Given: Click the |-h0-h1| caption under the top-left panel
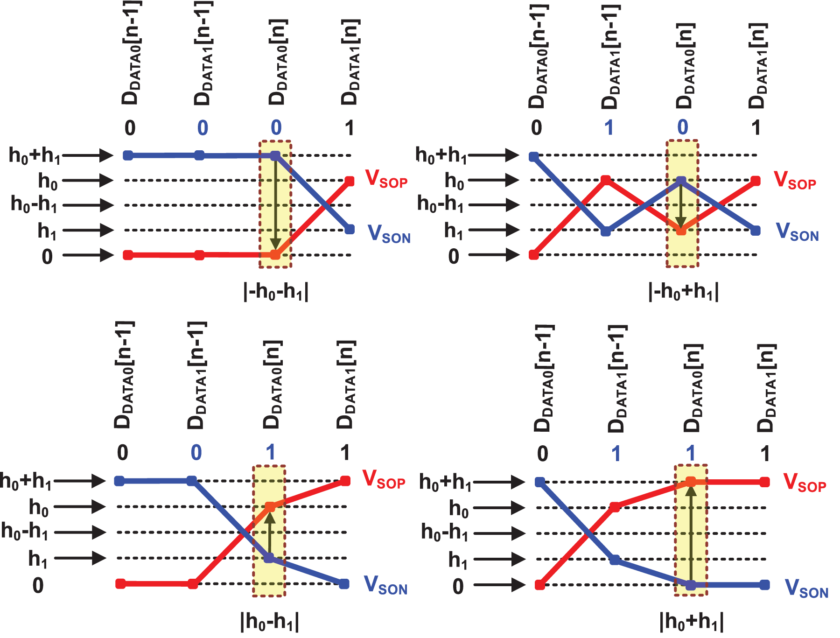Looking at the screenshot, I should (276, 293).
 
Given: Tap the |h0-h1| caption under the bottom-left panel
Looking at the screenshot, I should (270, 622).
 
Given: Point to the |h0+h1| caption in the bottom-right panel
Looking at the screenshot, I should (692, 622).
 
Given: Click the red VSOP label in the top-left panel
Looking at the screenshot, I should (386, 179).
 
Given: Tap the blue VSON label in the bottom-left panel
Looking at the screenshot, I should (385, 585).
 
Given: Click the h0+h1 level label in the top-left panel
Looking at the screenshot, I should (35, 155).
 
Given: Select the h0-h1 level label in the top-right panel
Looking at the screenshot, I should (441, 204).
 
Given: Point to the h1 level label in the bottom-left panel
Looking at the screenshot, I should (38, 559).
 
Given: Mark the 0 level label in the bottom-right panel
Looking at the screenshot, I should (458, 586).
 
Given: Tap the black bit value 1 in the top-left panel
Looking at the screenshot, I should (349, 128).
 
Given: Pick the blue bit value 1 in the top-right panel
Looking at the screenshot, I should (609, 127).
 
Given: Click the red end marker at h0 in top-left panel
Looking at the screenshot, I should (350, 181).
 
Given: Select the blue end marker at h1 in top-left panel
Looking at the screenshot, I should (350, 230).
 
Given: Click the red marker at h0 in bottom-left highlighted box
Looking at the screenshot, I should (270, 506).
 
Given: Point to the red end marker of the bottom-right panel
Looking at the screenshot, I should (764, 482).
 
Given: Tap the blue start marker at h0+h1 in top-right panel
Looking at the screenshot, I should (534, 157).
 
